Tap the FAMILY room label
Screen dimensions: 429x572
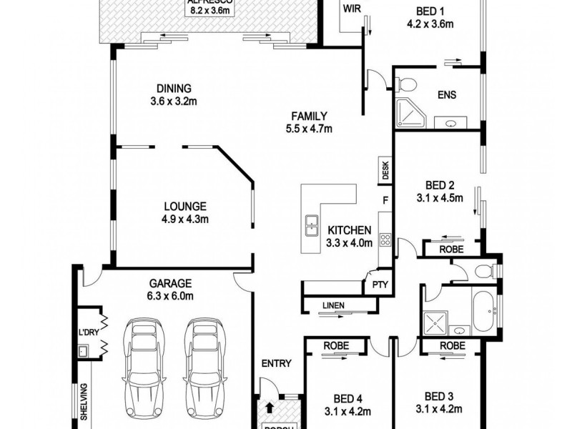pyautogui.click(x=308, y=116)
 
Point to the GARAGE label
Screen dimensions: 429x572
pyautogui.click(x=169, y=282)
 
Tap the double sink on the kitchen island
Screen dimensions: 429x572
pyautogui.click(x=312, y=225)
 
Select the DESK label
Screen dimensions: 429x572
pyautogui.click(x=385, y=170)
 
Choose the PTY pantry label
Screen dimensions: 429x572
pyautogui.click(x=378, y=285)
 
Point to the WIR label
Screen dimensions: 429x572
pyautogui.click(x=350, y=9)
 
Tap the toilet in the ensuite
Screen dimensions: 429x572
pyautogui.click(x=405, y=83)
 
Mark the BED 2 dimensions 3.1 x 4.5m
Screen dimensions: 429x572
pyautogui.click(x=440, y=198)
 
